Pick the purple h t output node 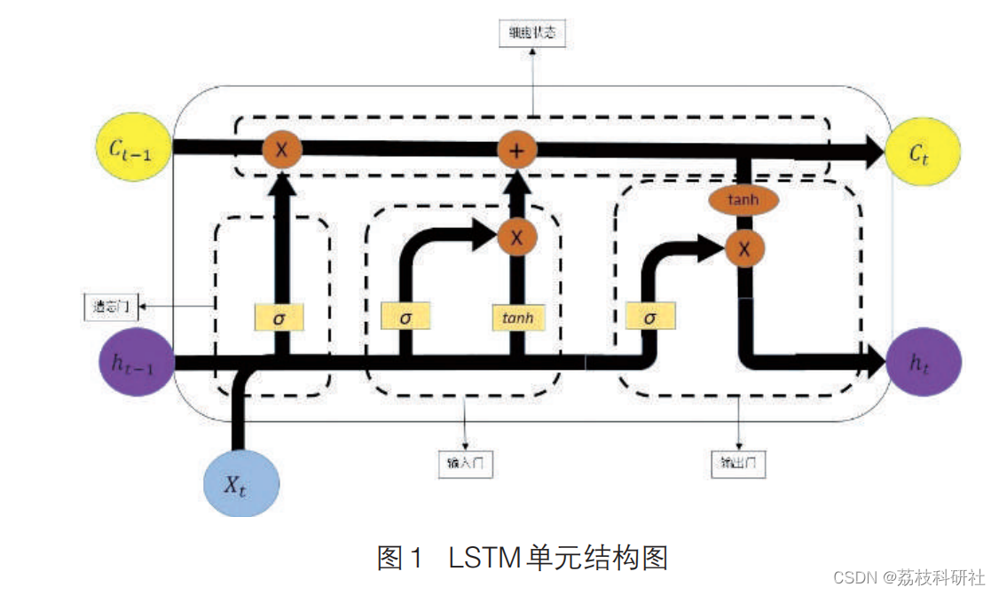point(923,361)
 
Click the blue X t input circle point(240,484)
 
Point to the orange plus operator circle point(515,150)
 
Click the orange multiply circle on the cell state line point(281,150)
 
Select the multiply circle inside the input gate point(516,237)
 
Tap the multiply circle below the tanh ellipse point(743,249)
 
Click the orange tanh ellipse point(743,200)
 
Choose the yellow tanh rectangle point(517,317)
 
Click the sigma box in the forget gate point(279,317)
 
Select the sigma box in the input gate point(405,316)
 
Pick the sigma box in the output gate point(650,316)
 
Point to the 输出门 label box point(738,463)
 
